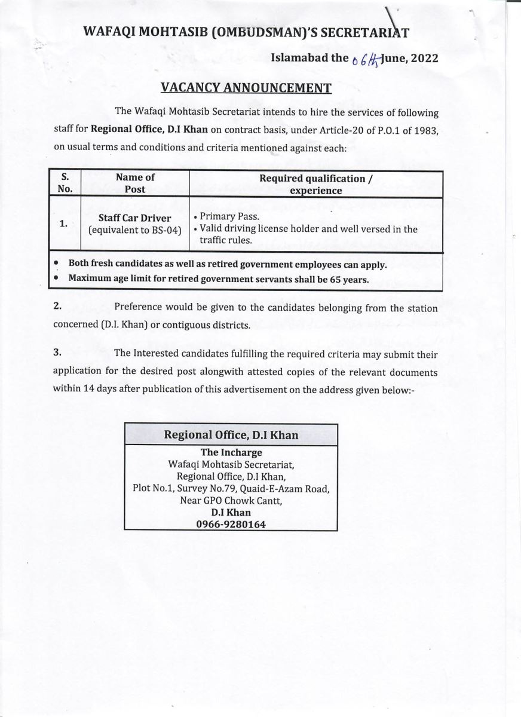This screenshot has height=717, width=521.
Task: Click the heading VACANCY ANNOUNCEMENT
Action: click(x=246, y=88)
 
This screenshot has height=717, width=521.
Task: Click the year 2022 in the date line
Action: click(x=424, y=58)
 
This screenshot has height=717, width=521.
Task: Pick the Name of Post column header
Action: click(x=134, y=183)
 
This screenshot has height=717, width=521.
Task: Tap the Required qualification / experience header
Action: click(x=316, y=184)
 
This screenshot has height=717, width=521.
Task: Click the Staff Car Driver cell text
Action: click(x=134, y=218)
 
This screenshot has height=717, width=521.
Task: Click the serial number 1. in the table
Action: click(x=63, y=223)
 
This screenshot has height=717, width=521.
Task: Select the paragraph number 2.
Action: click(x=57, y=307)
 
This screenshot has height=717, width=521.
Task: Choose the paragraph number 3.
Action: click(x=57, y=353)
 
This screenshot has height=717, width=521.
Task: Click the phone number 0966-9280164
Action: click(x=231, y=524)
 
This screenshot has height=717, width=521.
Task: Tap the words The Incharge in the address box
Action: click(x=231, y=452)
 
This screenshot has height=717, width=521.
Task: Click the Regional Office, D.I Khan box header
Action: click(x=231, y=435)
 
